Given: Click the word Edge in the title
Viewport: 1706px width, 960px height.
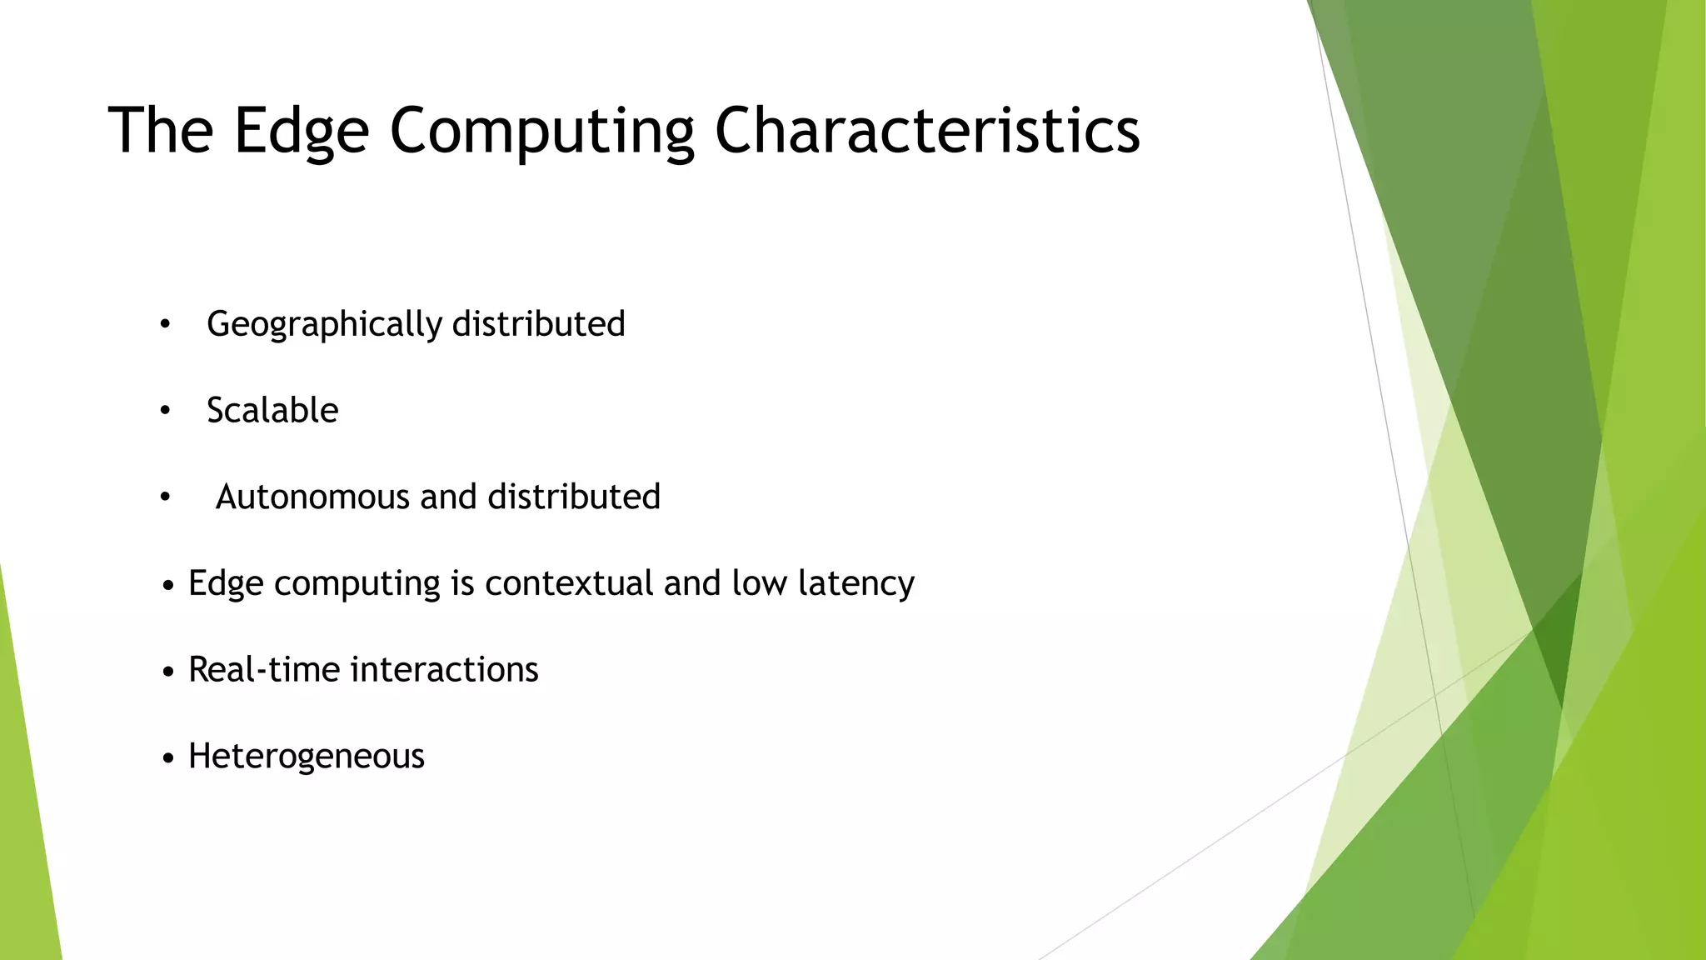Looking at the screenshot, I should tap(301, 132).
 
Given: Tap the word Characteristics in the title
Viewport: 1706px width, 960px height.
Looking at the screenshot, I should tap(926, 132).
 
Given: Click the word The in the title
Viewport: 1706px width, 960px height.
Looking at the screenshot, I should tap(161, 132).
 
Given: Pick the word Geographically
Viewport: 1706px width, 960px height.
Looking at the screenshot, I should tap(324, 324).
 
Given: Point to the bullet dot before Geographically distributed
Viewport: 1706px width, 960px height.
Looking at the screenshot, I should tap(165, 325).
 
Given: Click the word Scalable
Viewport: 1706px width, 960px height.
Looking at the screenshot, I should tap(272, 411).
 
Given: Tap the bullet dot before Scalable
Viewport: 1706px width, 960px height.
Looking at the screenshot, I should tap(165, 411).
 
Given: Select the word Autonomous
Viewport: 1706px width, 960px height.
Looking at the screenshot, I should tap(312, 497).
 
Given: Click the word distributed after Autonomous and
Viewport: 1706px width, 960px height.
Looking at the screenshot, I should tap(574, 497).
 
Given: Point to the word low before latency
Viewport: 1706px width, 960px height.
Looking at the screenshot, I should tap(759, 583).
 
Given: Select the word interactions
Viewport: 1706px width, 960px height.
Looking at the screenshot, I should tap(445, 670).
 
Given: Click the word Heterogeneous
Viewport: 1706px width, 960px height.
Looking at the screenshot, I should tap(307, 757).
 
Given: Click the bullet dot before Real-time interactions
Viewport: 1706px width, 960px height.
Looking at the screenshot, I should tap(169, 672).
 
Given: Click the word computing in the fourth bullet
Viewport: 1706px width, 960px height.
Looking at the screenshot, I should tap(357, 583).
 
